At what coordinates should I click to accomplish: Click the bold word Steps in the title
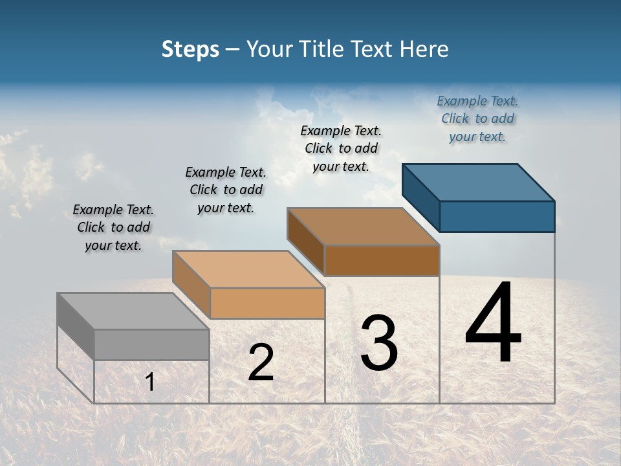[x=190, y=49]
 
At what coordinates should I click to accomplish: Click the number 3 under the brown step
[x=379, y=343]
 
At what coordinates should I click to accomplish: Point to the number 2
[x=261, y=362]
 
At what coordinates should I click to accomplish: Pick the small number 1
[x=150, y=382]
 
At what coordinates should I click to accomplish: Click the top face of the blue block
[x=479, y=182]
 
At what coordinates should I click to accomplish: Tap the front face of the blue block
[x=497, y=216]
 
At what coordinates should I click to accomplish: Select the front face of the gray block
[x=151, y=344]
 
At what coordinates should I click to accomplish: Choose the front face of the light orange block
[x=267, y=303]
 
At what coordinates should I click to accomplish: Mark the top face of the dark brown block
[x=363, y=227]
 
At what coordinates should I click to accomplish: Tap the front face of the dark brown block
[x=382, y=260]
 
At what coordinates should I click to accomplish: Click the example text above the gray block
[x=113, y=227]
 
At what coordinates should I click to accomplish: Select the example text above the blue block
[x=477, y=118]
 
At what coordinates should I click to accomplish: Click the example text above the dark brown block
[x=341, y=148]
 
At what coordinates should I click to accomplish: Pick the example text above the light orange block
[x=226, y=190]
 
